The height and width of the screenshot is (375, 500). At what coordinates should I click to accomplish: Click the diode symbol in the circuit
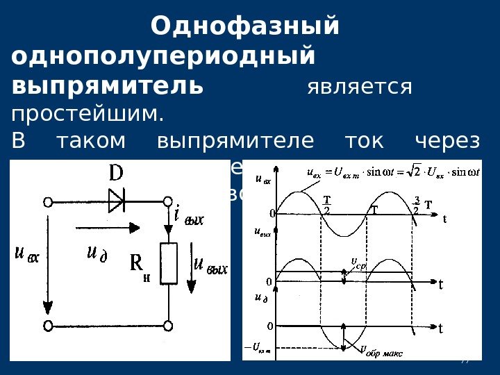click(116, 202)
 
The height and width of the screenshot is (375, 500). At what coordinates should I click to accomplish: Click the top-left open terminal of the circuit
click(48, 202)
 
